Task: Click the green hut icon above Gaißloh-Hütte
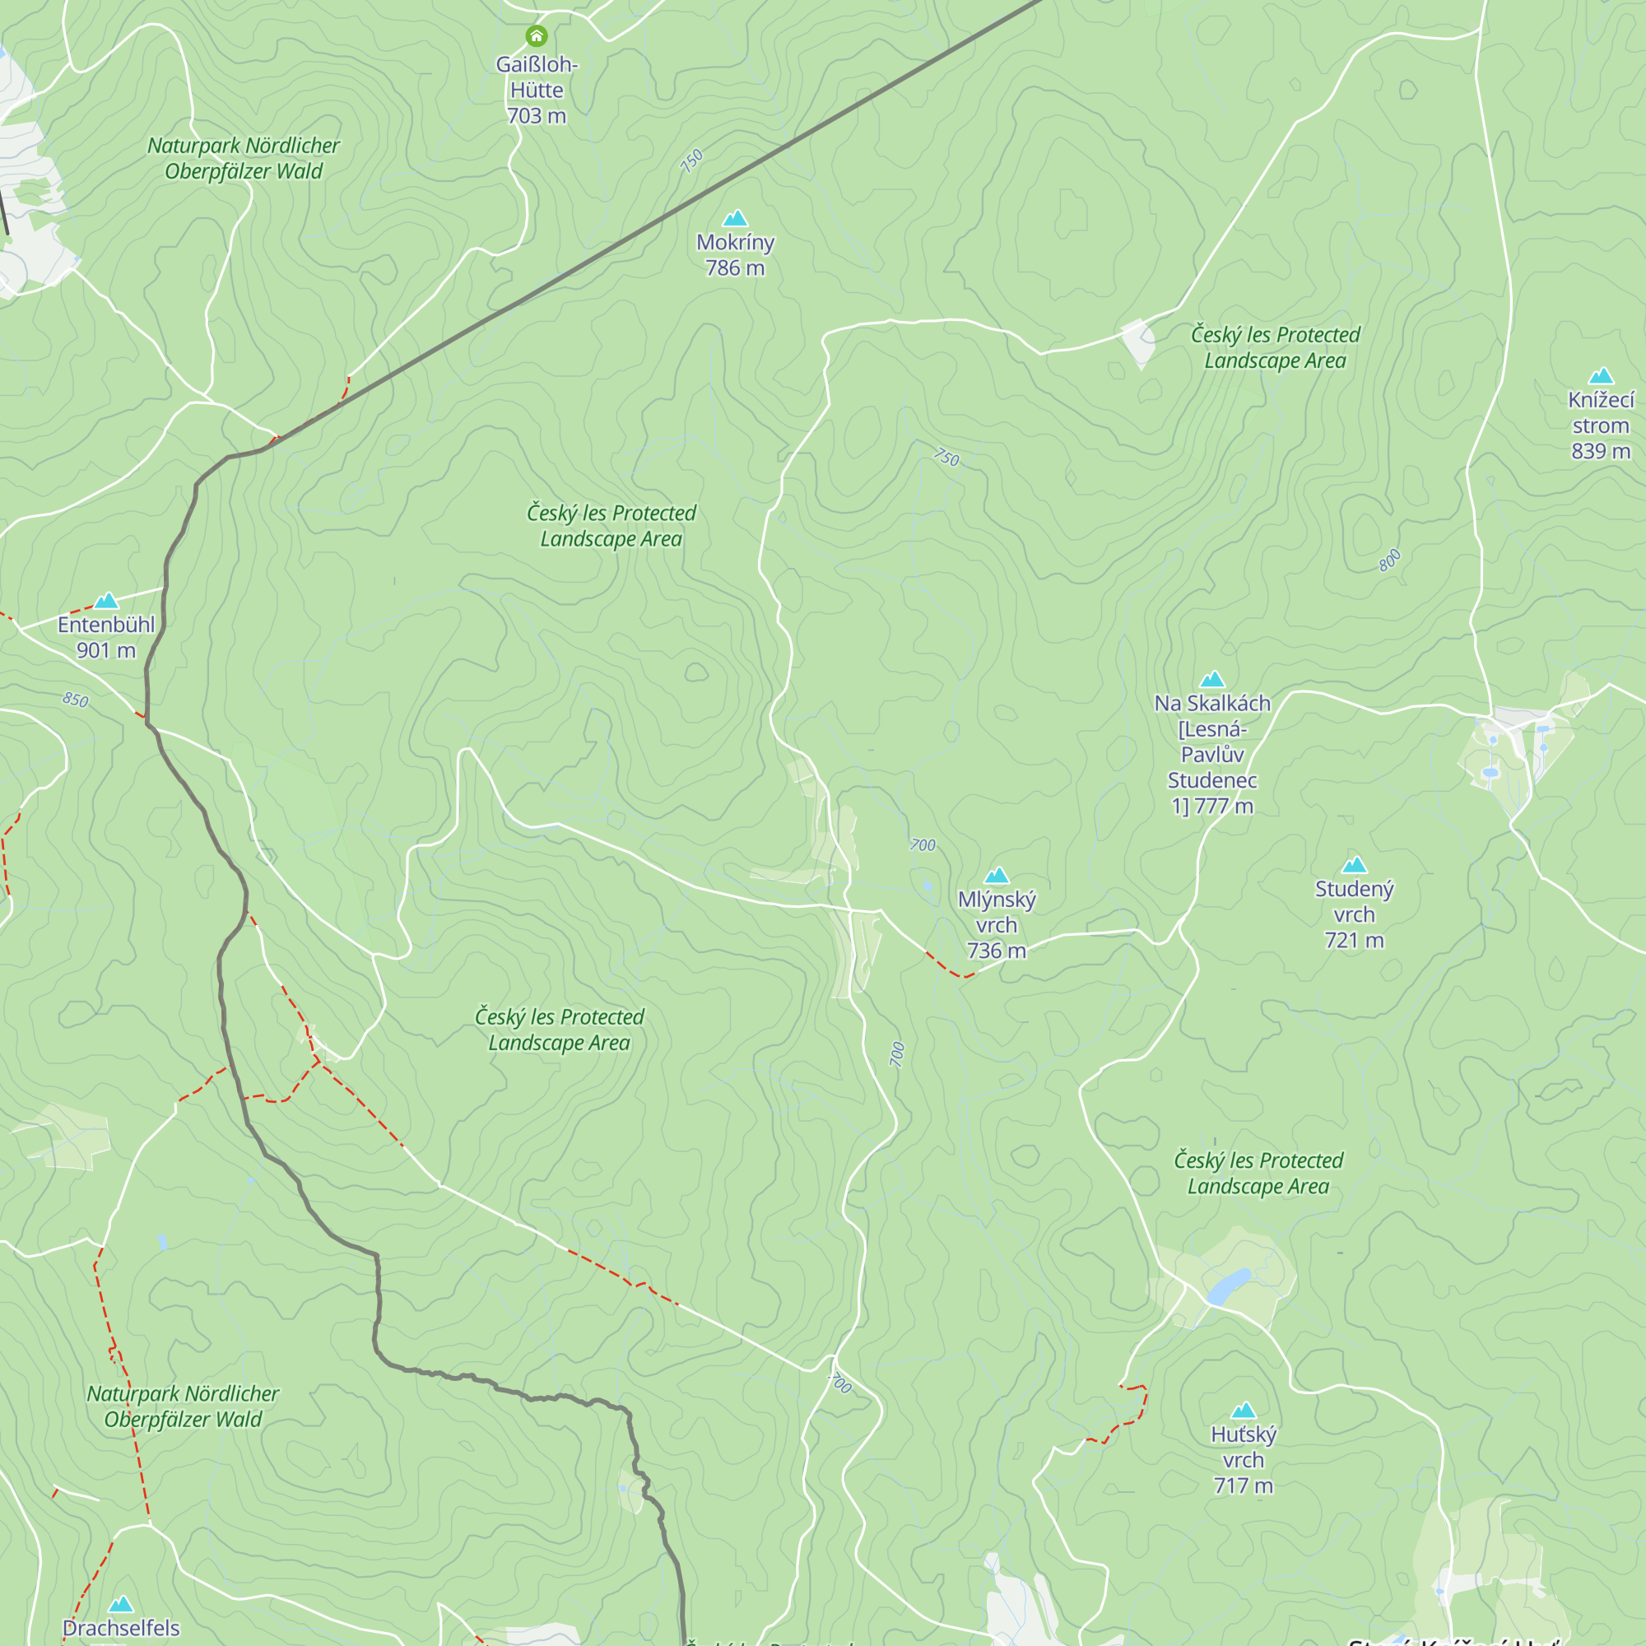tap(536, 35)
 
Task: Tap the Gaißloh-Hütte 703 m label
tap(537, 91)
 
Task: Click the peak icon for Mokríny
tap(734, 219)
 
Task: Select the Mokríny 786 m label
tap(734, 255)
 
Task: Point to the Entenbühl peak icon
tap(105, 602)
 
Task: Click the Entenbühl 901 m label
tap(105, 637)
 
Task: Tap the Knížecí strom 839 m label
tap(1600, 425)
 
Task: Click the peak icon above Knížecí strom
tap(1601, 376)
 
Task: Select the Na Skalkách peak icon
tap(1211, 679)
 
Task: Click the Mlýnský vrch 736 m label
tap(996, 924)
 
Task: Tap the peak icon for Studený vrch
tap(1354, 866)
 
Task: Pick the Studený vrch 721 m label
tap(1354, 914)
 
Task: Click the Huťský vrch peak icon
tap(1243, 1410)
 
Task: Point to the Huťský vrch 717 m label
tap(1243, 1459)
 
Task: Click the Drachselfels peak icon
tap(121, 1604)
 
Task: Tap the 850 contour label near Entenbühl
tap(75, 700)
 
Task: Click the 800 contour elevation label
tap(1388, 560)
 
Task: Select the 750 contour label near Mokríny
tap(692, 160)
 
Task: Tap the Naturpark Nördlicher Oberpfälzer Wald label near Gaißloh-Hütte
tap(244, 159)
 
